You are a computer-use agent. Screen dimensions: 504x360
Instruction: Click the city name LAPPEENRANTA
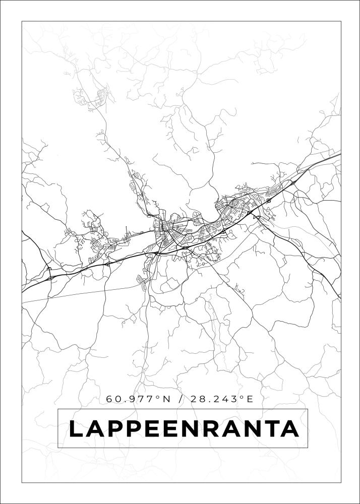pyautogui.click(x=183, y=429)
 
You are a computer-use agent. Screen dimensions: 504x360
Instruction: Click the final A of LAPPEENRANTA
pyautogui.click(x=290, y=429)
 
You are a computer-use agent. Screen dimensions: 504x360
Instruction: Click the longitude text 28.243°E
pyautogui.click(x=221, y=399)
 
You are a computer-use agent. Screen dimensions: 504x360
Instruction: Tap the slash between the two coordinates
pyautogui.click(x=180, y=399)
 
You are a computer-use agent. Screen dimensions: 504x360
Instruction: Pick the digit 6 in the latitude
pyautogui.click(x=109, y=399)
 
